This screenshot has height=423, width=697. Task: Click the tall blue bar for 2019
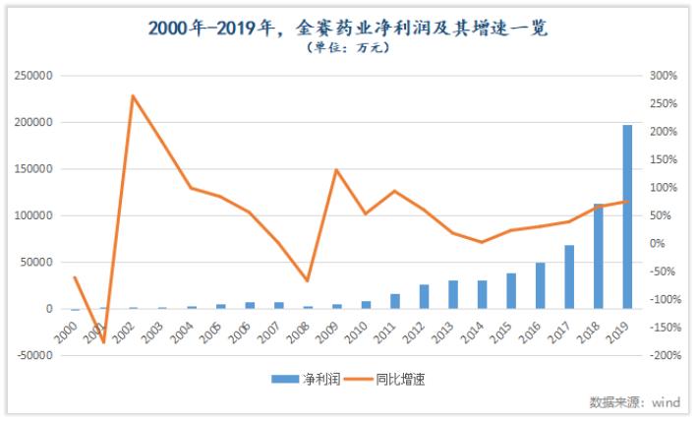627,216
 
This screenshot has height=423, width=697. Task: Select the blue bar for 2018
598,256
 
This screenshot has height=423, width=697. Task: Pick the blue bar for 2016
540,285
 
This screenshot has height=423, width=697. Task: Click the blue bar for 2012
424,296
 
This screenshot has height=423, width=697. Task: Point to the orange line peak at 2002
133,95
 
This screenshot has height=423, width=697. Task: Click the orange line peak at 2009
336,170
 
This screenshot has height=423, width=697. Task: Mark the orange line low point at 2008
308,281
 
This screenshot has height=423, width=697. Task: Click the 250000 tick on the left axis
33,76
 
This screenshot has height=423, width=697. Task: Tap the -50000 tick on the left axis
33,355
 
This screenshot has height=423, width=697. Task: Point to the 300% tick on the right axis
665,76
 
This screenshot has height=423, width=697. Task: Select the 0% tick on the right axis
659,243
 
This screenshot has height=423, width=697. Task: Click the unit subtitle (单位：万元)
348,49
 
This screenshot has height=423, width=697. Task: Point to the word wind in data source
667,402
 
